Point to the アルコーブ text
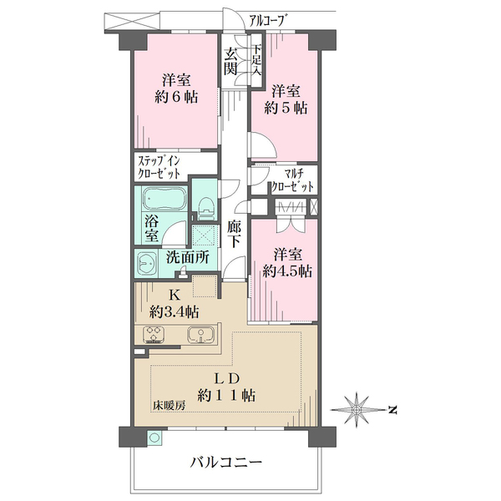(x=270, y=16)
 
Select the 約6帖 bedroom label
(x=178, y=98)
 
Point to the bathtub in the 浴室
(x=164, y=201)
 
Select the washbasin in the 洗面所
(x=148, y=263)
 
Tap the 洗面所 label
(x=186, y=259)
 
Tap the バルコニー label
(x=225, y=462)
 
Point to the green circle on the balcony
(x=153, y=437)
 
